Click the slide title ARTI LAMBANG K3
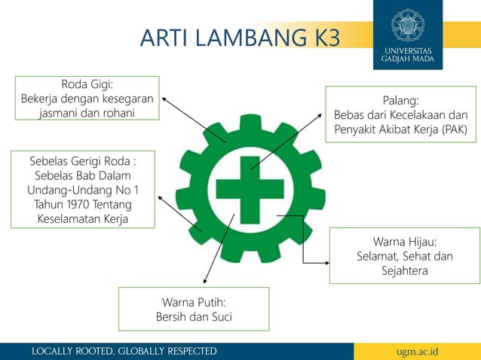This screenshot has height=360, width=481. click(240, 37)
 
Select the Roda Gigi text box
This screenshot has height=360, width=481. click(87, 98)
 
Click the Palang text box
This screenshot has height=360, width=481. click(400, 114)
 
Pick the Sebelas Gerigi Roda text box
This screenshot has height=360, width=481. click(82, 189)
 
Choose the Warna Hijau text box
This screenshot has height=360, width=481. click(404, 256)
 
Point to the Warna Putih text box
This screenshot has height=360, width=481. click(194, 309)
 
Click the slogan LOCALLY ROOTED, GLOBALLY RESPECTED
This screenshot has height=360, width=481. click(124, 352)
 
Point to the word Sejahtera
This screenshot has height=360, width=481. click(404, 271)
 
